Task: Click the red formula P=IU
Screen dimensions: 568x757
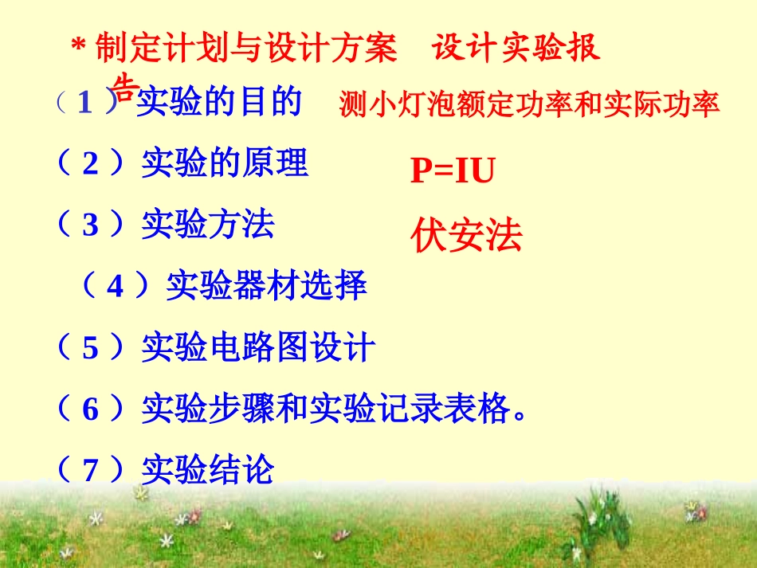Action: (452, 171)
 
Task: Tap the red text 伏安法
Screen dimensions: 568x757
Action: (467, 236)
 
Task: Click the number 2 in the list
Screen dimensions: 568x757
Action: (90, 164)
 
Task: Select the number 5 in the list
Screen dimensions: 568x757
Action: (90, 348)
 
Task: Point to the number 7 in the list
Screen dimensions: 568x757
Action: (90, 471)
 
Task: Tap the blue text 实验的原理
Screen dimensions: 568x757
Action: (225, 163)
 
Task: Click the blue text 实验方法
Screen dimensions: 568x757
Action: (208, 225)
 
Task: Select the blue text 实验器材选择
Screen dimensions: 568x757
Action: (266, 286)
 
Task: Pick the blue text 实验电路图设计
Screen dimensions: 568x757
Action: (258, 348)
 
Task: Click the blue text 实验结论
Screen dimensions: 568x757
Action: (208, 471)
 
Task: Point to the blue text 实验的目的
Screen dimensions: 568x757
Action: (219, 102)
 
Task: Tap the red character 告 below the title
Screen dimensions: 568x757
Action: (127, 85)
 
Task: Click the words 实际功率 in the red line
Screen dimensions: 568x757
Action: (661, 104)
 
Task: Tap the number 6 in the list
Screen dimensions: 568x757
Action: (90, 409)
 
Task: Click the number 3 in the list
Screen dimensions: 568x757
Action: (90, 225)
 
